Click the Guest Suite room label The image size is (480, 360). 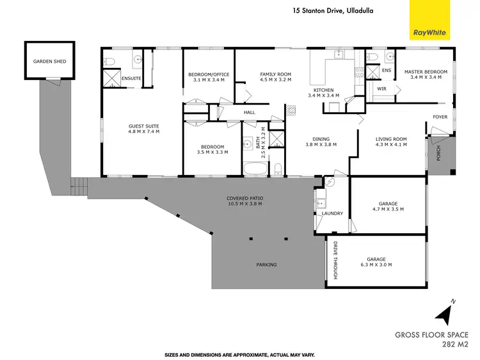pyautogui.click(x=143, y=128)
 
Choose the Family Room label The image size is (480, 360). pyautogui.click(x=275, y=74)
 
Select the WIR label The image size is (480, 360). pyautogui.click(x=381, y=88)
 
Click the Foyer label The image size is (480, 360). pyautogui.click(x=440, y=117)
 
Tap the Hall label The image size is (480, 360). pyautogui.click(x=249, y=112)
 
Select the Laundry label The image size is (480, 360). pyautogui.click(x=333, y=213)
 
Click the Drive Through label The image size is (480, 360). pyautogui.click(x=333, y=259)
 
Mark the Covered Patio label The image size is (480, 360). pyautogui.click(x=244, y=198)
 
